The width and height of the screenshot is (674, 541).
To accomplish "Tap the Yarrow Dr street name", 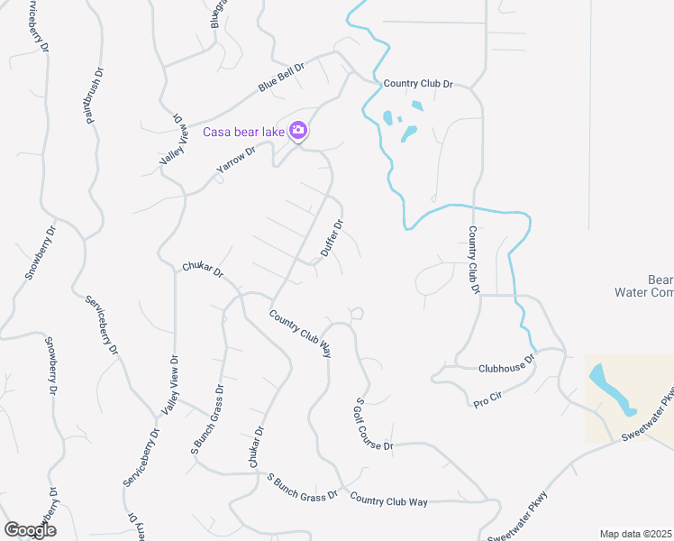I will pyautogui.click(x=235, y=161).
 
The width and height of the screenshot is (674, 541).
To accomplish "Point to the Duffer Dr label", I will pyautogui.click(x=332, y=239).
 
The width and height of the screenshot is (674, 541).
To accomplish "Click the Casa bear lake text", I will pyautogui.click(x=243, y=133).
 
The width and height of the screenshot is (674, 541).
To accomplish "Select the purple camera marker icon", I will pyautogui.click(x=299, y=132).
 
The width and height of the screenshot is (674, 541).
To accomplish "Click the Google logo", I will pyautogui.click(x=30, y=530).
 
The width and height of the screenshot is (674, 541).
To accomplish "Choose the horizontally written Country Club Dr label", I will pyautogui.click(x=418, y=84).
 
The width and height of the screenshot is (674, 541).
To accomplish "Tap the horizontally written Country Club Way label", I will pyautogui.click(x=388, y=500).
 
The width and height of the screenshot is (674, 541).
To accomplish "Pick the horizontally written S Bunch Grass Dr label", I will pyautogui.click(x=301, y=485).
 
